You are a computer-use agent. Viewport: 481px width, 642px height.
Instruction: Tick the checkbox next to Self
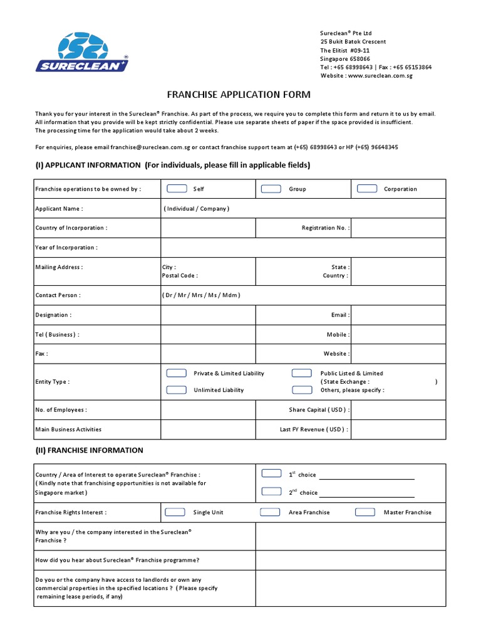pos(177,189)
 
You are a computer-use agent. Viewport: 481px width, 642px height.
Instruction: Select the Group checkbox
pos(271,189)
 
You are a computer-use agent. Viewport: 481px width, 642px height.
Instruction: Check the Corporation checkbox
pos(366,189)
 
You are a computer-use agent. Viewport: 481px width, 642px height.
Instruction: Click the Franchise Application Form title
pos(238,95)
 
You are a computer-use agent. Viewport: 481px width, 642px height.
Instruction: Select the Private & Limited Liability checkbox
pos(177,373)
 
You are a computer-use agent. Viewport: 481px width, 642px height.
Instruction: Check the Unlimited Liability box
pos(177,390)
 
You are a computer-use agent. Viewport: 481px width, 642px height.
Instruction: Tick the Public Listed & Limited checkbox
pos(302,373)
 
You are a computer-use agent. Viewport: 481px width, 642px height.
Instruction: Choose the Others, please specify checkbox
pos(302,390)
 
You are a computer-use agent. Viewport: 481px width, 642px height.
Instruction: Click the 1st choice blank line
pos(366,476)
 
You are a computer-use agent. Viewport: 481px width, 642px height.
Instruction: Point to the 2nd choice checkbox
pos(271,492)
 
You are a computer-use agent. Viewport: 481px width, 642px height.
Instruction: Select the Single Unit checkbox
pos(175,512)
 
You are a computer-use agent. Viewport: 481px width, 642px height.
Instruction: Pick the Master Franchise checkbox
pos(365,512)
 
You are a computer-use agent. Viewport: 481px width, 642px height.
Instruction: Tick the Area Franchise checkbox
pos(270,512)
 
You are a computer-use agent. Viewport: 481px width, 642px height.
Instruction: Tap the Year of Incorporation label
pos(66,248)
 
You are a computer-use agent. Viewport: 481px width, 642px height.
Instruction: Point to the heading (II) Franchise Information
pos(89,450)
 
